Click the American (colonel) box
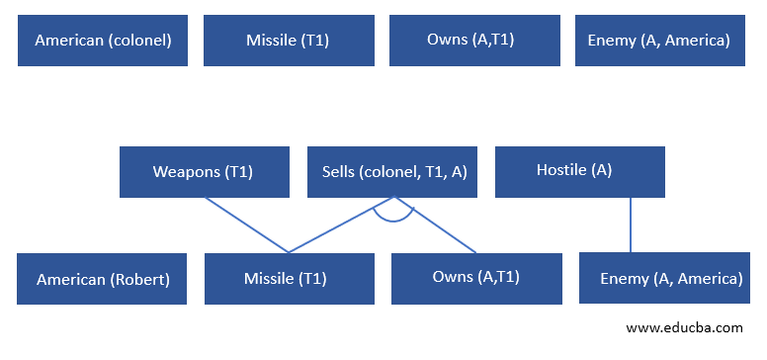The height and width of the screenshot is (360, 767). (103, 41)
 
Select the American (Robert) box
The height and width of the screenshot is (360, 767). (103, 279)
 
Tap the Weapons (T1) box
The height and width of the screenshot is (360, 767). (205, 172)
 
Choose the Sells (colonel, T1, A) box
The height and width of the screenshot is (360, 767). (393, 172)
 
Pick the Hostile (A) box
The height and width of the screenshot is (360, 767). (579, 171)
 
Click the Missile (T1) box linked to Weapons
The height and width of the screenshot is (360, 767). (289, 279)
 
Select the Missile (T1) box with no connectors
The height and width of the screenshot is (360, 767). (289, 41)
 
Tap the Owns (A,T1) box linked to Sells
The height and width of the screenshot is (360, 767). (476, 278)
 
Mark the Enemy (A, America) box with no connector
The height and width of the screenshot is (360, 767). (660, 41)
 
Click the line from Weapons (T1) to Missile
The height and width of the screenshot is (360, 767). (247, 225)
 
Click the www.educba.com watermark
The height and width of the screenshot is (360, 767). (684, 327)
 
